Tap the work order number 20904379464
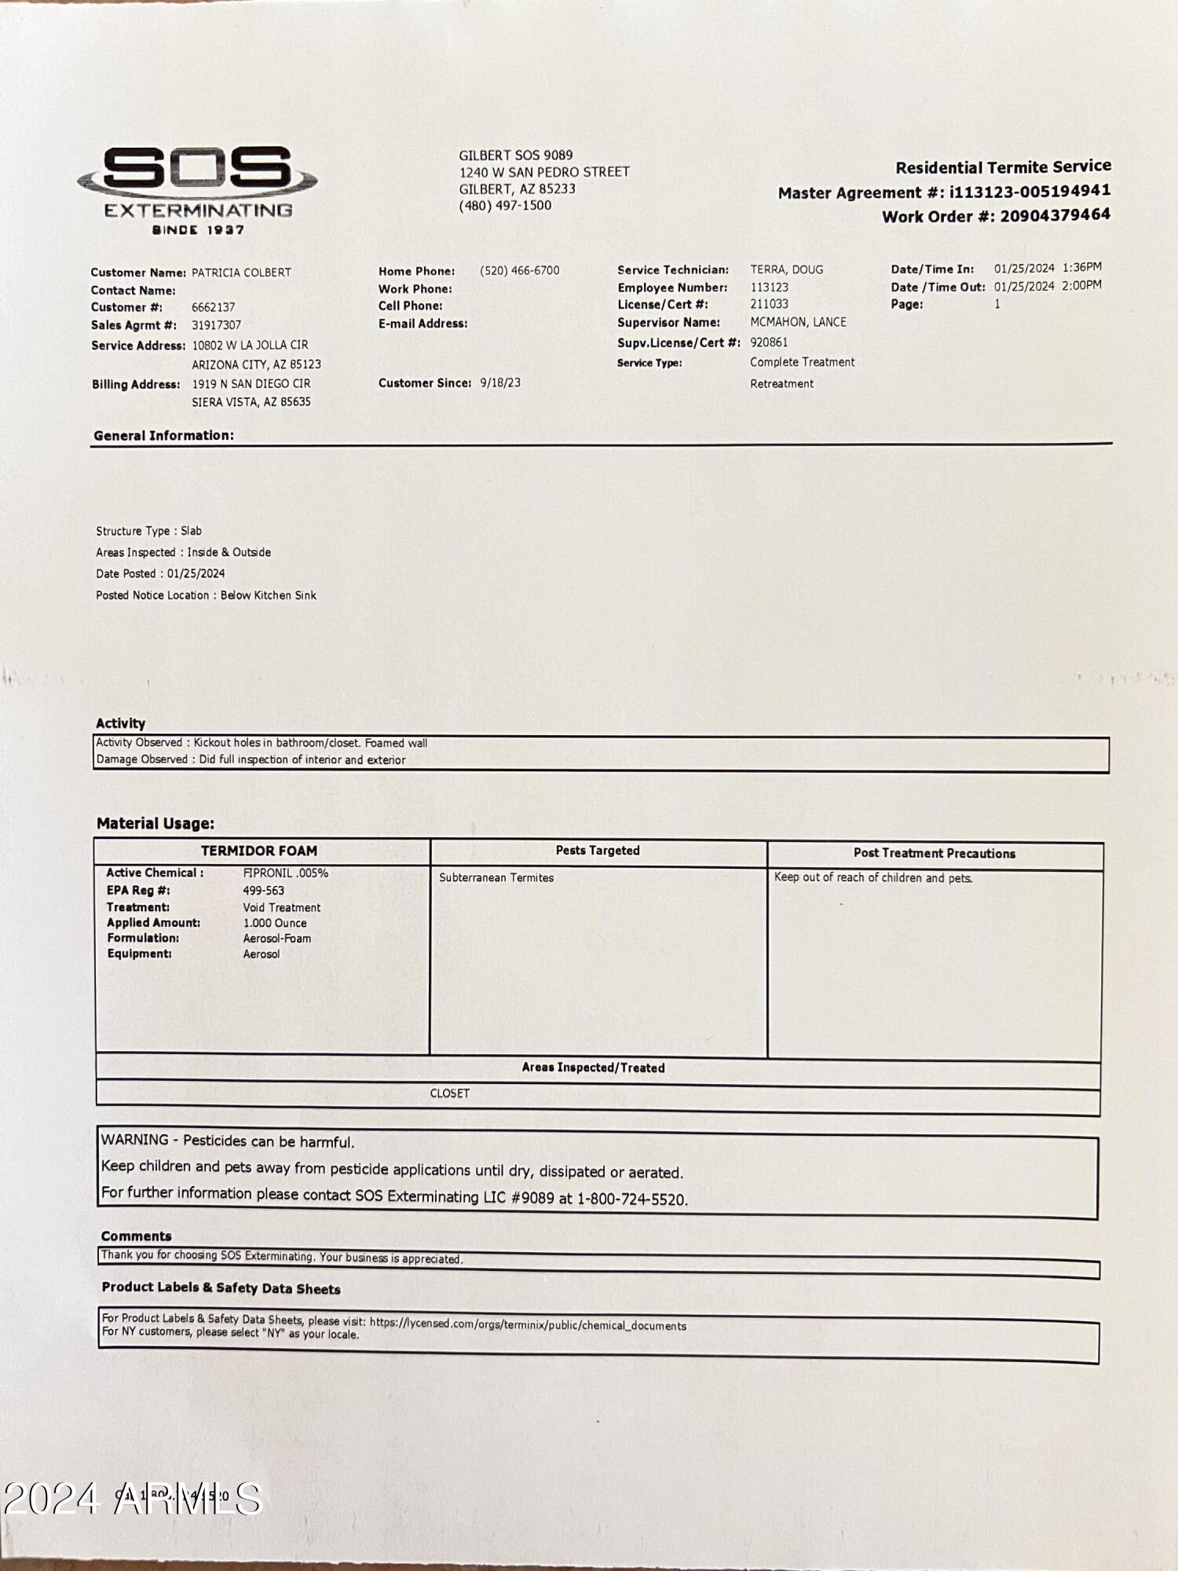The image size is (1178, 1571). (1055, 215)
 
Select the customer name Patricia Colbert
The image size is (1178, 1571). (241, 273)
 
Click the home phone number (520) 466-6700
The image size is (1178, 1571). (519, 271)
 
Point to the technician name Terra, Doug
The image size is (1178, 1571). (786, 269)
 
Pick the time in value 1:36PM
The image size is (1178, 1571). (1081, 267)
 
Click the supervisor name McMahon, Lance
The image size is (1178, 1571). (798, 322)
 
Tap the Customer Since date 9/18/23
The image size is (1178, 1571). (500, 383)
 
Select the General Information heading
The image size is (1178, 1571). (163, 435)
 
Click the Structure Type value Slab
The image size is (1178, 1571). (191, 531)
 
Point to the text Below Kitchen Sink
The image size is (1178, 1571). (269, 595)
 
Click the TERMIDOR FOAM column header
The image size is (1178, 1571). (259, 851)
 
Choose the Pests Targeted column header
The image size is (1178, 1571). (598, 851)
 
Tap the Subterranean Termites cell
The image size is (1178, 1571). (496, 877)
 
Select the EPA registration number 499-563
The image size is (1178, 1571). (264, 891)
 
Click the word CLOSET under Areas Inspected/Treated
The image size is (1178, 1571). (450, 1093)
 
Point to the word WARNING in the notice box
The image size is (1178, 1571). (135, 1140)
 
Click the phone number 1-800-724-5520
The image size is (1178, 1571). (631, 1199)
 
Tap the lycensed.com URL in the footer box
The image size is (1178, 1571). (528, 1324)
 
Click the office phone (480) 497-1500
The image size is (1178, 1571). (505, 206)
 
